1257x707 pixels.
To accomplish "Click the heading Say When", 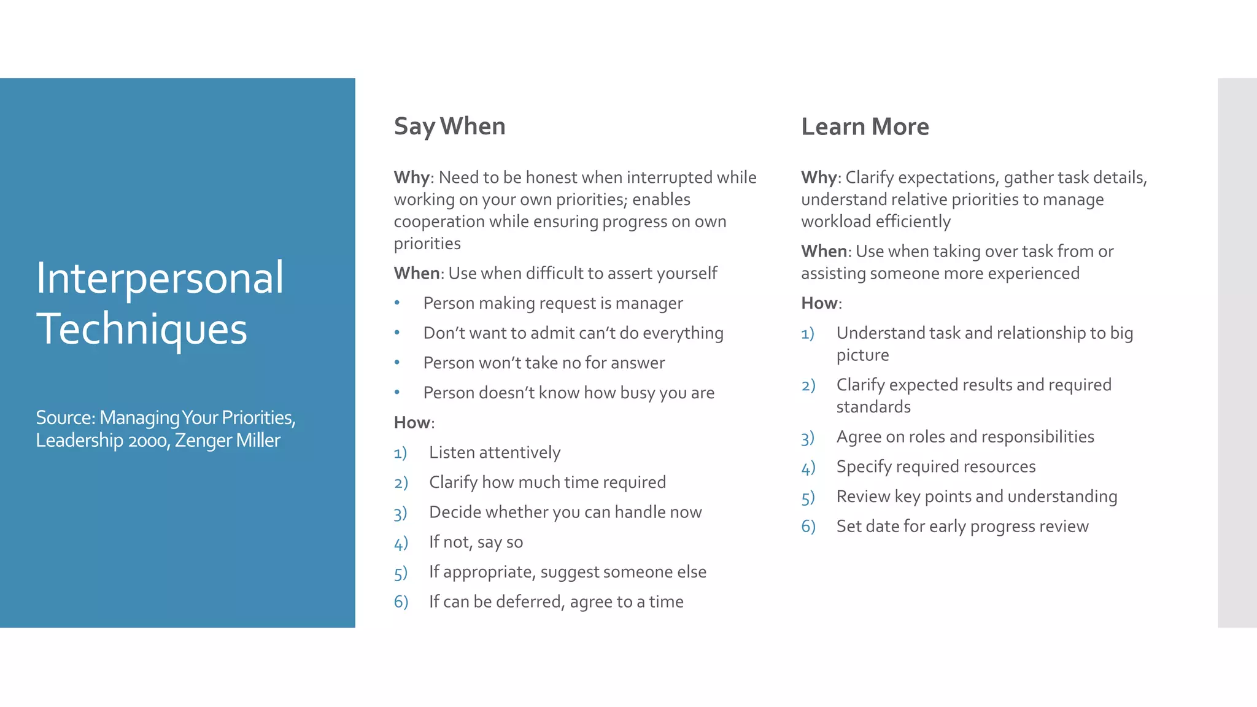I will click(449, 126).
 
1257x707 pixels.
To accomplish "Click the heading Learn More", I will click(865, 126).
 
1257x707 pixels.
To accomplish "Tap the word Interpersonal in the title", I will click(160, 278).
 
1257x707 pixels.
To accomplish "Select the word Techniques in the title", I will click(141, 329).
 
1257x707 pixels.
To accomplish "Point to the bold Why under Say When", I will click(411, 177).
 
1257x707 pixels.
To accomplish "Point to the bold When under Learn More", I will click(824, 252).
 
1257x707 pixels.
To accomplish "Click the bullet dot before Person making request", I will click(397, 303).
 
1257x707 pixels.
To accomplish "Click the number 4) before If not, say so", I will click(401, 543).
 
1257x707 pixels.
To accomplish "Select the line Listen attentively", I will click(495, 453).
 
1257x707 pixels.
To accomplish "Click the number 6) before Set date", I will click(808, 527).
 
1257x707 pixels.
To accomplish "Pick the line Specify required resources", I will click(935, 467).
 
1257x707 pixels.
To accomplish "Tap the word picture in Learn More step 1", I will click(862, 355).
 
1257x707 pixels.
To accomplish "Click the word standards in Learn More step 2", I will click(873, 407).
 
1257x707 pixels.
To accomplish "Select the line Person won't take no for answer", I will click(544, 363).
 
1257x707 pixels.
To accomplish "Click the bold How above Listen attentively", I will click(412, 423).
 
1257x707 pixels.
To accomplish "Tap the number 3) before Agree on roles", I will click(808, 438).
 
